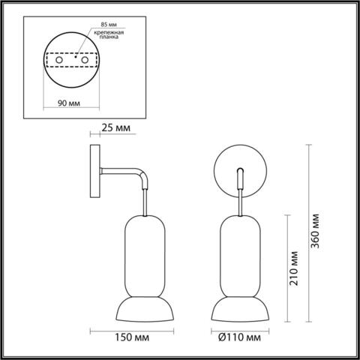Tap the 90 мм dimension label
69,104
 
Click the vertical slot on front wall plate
239,176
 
